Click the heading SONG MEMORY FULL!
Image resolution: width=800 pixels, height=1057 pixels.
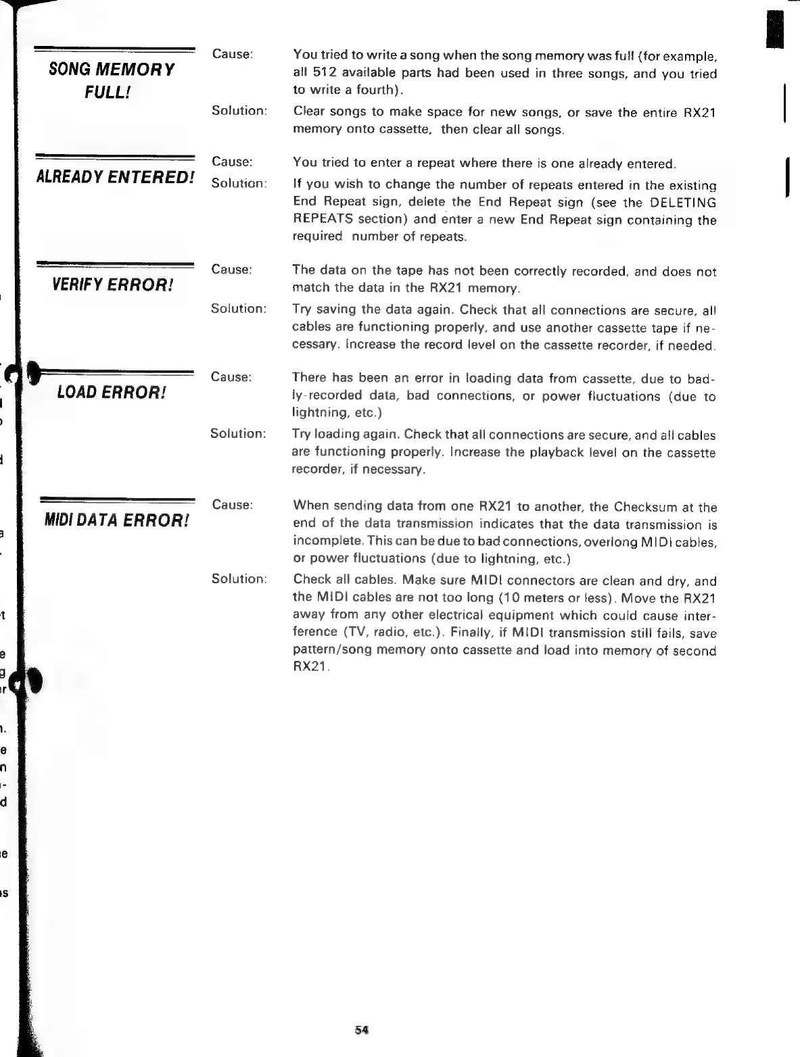click(x=112, y=80)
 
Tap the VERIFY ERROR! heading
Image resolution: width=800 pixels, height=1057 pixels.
click(x=112, y=284)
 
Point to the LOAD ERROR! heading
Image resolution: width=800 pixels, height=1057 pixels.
click(x=112, y=392)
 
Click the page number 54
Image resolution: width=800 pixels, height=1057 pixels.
click(x=360, y=1031)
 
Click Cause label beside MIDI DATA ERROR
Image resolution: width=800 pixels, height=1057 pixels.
click(x=232, y=505)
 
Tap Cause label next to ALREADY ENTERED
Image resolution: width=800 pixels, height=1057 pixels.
click(x=232, y=162)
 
